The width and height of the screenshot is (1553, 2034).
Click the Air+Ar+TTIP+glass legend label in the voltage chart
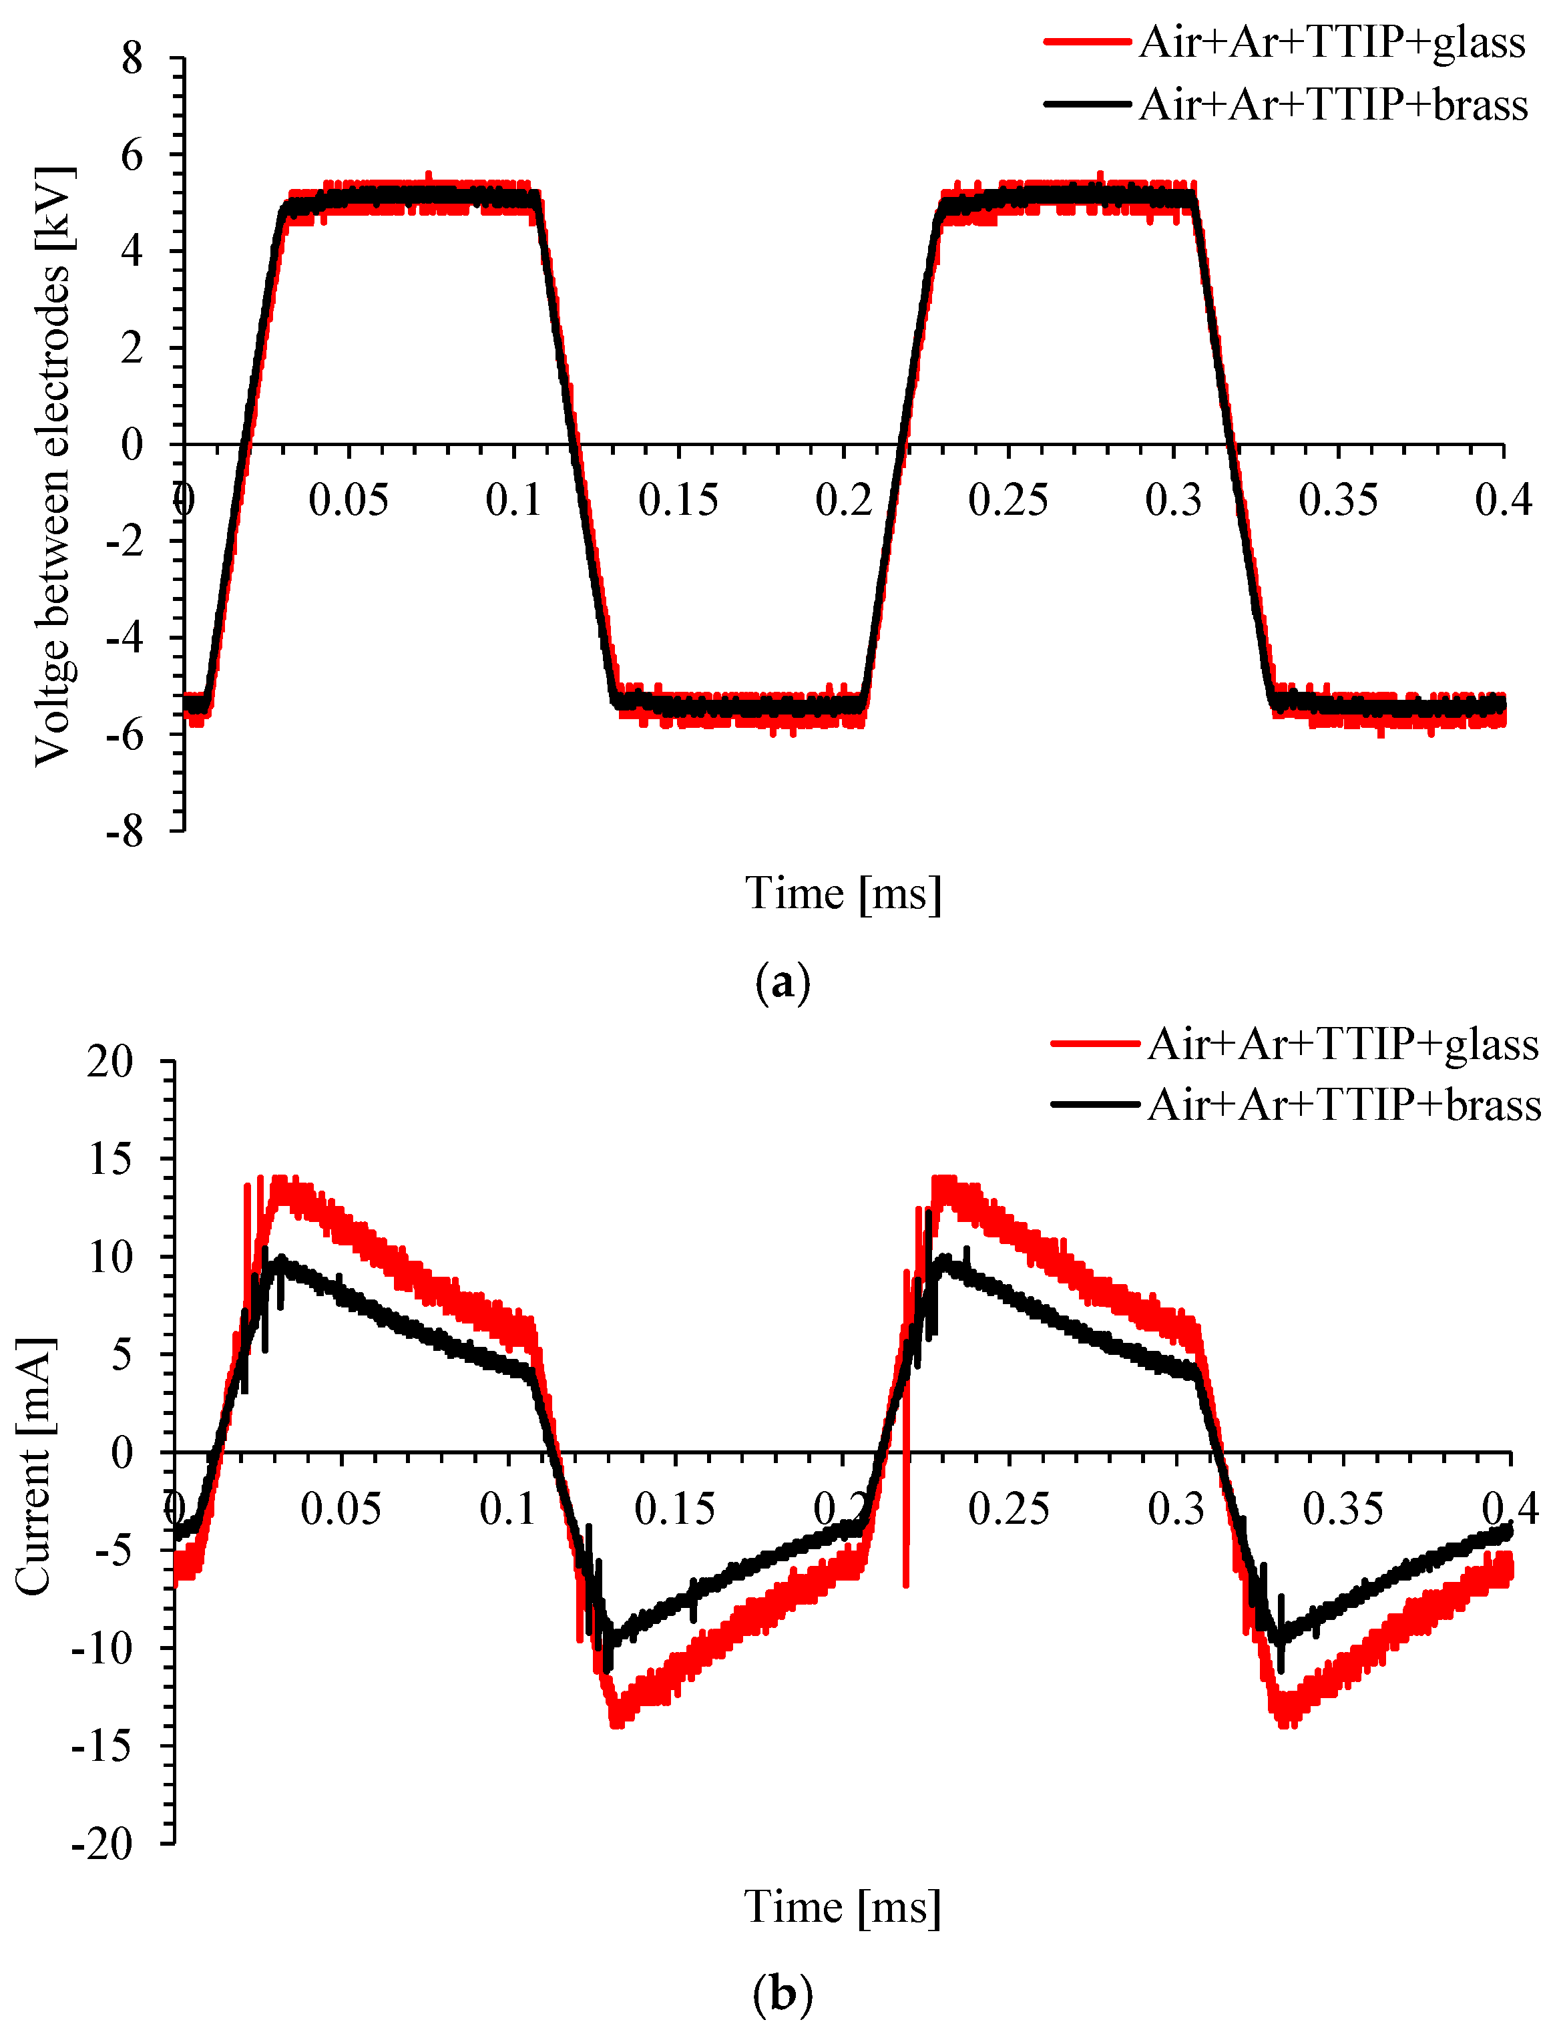pyautogui.click(x=1331, y=43)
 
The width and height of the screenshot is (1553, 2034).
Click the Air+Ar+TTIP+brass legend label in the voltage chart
pyautogui.click(x=1333, y=104)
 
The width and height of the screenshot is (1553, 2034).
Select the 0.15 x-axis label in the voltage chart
pyautogui.click(x=678, y=500)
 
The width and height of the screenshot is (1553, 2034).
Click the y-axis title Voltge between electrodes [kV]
pyautogui.click(x=53, y=467)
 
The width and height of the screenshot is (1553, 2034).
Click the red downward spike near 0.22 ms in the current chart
pyautogui.click(x=906, y=1535)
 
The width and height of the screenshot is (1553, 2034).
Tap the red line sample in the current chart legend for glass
pyautogui.click(x=1094, y=1044)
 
